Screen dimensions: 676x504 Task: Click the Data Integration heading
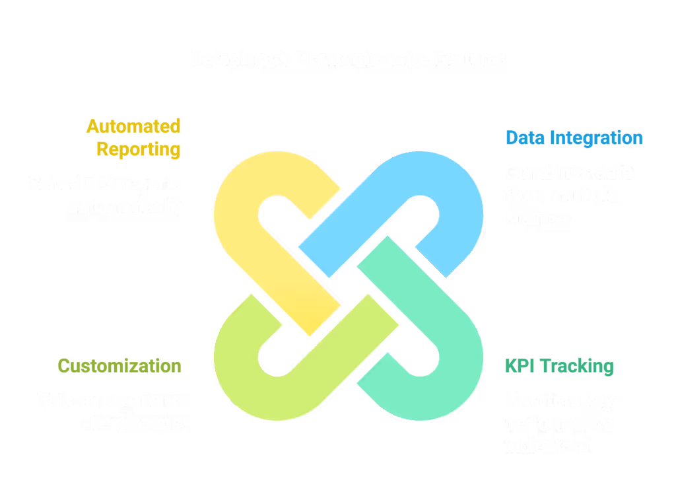point(574,137)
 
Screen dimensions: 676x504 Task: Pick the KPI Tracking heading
point(559,366)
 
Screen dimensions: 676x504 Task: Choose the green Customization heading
point(119,366)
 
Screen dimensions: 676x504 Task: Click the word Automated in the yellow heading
point(133,126)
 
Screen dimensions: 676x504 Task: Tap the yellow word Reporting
point(139,149)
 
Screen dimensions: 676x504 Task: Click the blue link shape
point(456,198)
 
